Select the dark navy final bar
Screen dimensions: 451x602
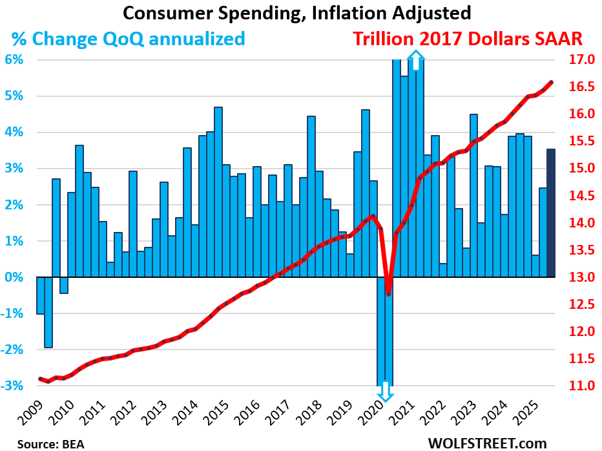[551, 213]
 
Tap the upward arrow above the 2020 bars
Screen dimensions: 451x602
[417, 59]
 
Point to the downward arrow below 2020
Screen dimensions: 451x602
[385, 392]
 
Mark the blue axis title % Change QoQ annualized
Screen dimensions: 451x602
[127, 39]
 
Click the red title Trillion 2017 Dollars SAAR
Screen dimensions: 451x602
[468, 39]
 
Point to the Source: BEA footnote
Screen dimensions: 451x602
[47, 443]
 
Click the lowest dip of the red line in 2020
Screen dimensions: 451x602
[388, 294]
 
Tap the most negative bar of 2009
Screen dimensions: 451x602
[48, 312]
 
